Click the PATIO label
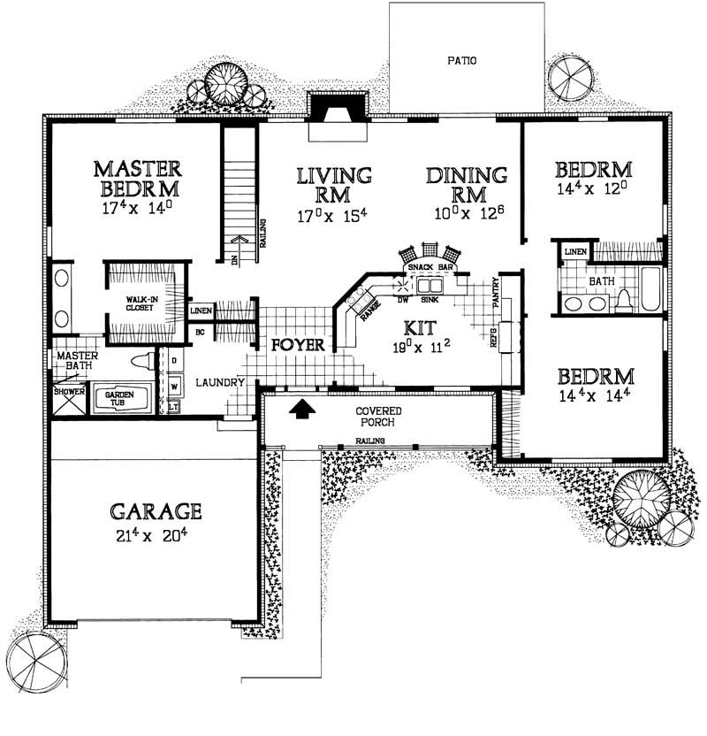click(x=460, y=61)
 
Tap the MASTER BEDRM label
click(x=138, y=178)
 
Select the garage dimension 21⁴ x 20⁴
click(x=156, y=533)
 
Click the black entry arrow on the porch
click(x=301, y=408)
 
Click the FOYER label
click(x=296, y=344)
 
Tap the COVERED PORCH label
click(x=379, y=417)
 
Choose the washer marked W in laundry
click(x=174, y=386)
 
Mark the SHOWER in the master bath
click(x=63, y=391)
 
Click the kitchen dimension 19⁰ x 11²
click(x=424, y=347)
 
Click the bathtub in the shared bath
click(x=650, y=292)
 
